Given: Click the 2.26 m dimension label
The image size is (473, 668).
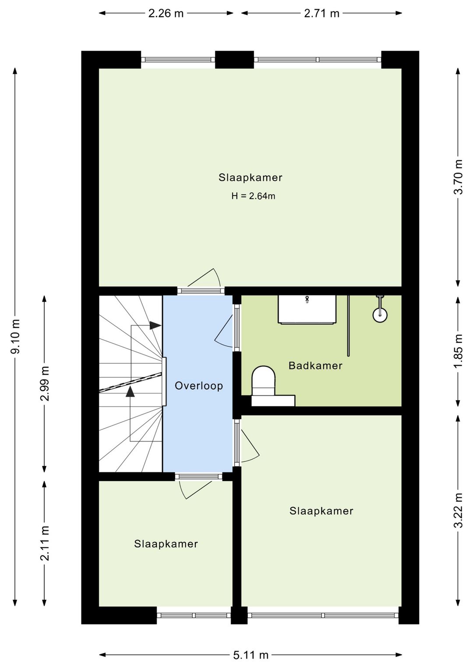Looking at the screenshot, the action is click(166, 14).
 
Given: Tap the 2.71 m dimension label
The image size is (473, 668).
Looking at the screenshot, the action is click(322, 14).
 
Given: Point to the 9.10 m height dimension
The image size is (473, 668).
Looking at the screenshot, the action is click(15, 336).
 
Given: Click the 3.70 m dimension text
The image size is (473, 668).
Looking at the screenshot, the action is click(459, 177).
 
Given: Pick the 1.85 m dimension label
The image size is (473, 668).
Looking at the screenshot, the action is click(459, 351).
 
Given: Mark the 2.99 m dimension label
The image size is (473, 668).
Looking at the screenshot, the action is click(45, 383).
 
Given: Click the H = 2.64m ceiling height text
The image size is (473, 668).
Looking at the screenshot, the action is click(253, 196).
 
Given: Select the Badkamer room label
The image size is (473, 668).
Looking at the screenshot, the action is click(315, 366).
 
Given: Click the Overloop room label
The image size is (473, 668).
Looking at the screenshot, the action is click(199, 386).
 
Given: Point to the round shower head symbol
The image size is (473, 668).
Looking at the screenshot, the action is click(380, 315).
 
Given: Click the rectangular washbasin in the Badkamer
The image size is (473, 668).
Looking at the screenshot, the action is click(307, 309).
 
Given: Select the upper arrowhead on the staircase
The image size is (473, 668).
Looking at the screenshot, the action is click(155, 325).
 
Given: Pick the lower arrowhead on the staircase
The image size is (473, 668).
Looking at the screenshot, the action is click(130, 391).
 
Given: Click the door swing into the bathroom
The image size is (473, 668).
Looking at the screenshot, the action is click(224, 331).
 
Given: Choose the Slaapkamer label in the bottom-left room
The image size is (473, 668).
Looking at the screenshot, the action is click(166, 544).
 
